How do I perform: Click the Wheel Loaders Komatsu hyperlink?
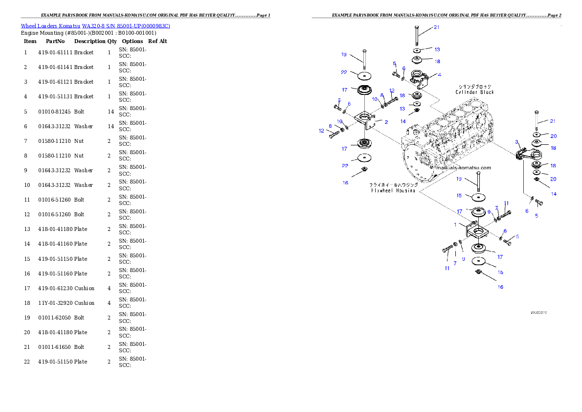coord(95,26)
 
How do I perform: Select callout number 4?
coord(440,75)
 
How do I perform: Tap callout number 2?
coord(386,121)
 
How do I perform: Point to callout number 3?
coord(516,142)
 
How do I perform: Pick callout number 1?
coord(455,225)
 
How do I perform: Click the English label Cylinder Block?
coord(474,92)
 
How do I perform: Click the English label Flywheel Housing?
coord(393,191)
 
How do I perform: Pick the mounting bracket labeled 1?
coord(476,230)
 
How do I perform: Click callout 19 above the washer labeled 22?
coord(344,54)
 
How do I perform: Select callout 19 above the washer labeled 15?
coord(459,179)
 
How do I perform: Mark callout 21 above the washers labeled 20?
coord(553,121)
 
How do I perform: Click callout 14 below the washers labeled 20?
coord(554,194)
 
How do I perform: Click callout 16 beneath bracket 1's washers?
coord(500,287)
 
